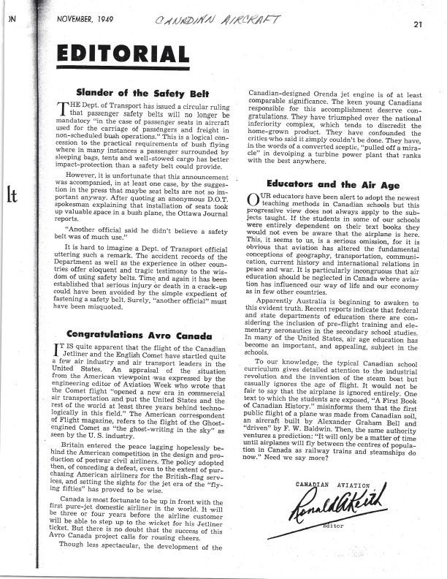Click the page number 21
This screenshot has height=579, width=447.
417,24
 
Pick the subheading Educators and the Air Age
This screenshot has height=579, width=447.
333,185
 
